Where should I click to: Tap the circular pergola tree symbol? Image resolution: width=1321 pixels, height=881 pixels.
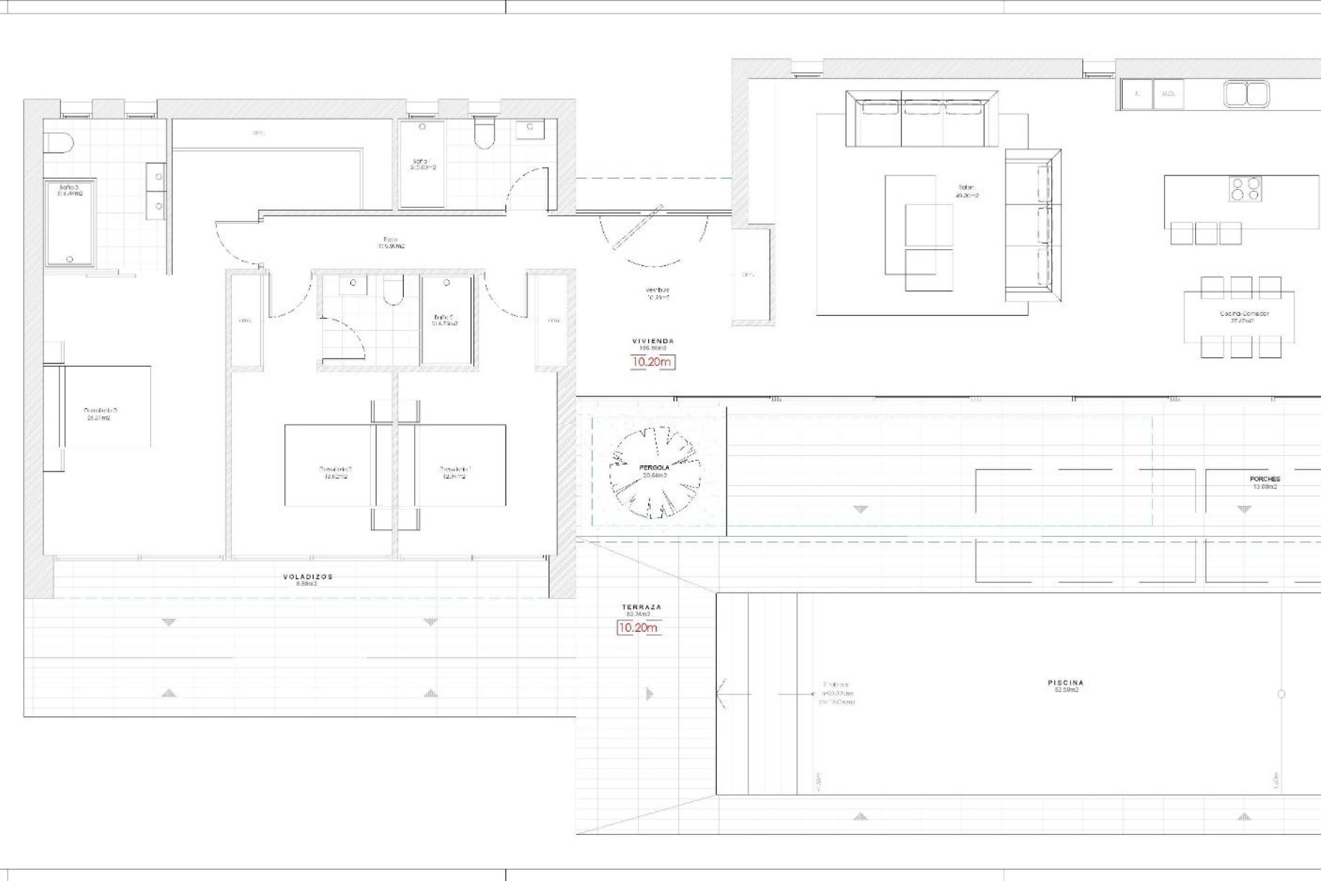pyautogui.click(x=654, y=472)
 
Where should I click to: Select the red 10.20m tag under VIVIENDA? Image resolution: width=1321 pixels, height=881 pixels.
pyautogui.click(x=653, y=362)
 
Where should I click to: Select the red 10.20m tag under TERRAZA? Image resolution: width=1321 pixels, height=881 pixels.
pyautogui.click(x=638, y=628)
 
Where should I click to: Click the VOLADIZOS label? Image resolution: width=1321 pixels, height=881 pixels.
pyautogui.click(x=307, y=577)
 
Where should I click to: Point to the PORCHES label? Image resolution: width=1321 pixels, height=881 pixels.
pyautogui.click(x=1265, y=480)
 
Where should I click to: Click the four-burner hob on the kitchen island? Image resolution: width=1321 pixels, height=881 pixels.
pyautogui.click(x=1246, y=189)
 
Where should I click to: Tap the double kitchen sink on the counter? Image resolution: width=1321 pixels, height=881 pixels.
pyautogui.click(x=1246, y=94)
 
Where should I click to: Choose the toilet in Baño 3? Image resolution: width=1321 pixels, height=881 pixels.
pyautogui.click(x=58, y=144)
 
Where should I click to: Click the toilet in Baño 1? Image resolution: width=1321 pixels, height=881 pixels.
pyautogui.click(x=484, y=134)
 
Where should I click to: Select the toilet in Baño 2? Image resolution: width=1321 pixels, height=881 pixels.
pyautogui.click(x=394, y=292)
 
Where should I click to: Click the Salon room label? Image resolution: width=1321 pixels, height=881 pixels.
pyautogui.click(x=967, y=188)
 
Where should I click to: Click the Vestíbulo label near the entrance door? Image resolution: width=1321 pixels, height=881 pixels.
pyautogui.click(x=658, y=291)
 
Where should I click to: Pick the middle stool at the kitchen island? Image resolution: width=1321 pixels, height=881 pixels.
pyautogui.click(x=1206, y=233)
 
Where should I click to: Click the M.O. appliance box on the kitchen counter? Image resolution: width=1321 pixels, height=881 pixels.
pyautogui.click(x=1168, y=94)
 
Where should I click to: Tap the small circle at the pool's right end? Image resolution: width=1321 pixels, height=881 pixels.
pyautogui.click(x=1281, y=694)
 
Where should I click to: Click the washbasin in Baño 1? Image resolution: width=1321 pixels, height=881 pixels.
pyautogui.click(x=530, y=127)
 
